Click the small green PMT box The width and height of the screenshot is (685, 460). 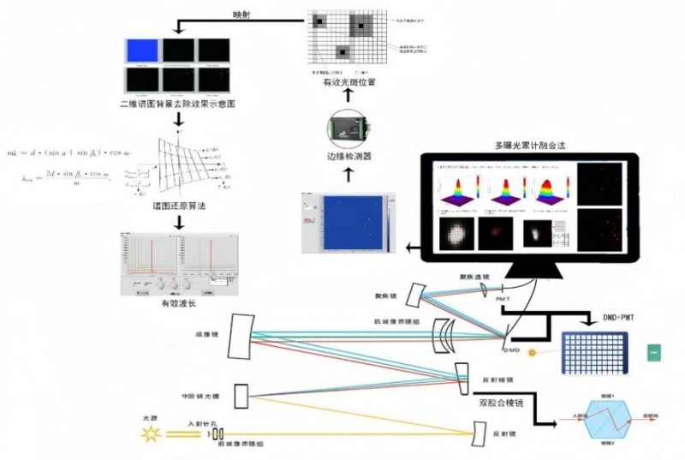(655, 352)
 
